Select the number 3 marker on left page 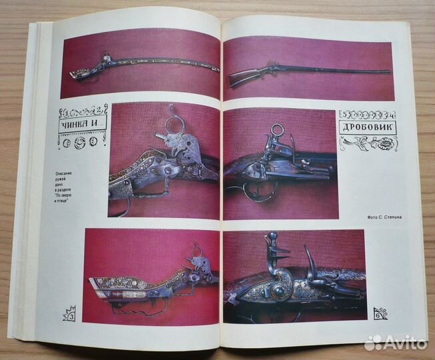tap(69, 312)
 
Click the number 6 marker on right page tap(381, 313)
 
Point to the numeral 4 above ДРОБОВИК tap(391, 113)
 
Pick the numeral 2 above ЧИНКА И tap(98, 109)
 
